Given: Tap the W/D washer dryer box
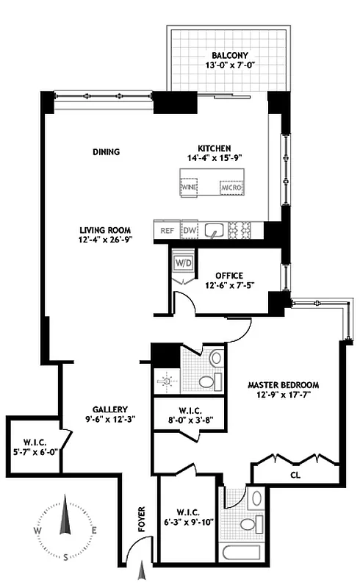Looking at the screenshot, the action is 184,263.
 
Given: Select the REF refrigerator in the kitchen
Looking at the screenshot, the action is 168,230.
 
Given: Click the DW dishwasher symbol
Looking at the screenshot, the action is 190,230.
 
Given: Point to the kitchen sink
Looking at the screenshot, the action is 214,230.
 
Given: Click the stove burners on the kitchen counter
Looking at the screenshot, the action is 240,229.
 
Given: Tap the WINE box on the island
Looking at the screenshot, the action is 190,187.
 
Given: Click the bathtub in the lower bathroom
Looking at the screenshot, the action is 242,553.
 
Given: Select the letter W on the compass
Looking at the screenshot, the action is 37,530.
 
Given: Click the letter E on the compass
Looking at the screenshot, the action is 94,530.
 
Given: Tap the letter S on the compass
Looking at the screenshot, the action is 65,557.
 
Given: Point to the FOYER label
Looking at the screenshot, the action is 142,520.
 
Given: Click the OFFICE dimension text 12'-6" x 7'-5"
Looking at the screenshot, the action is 229,285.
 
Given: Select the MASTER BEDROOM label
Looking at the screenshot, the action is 284,385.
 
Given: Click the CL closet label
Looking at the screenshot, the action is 295,475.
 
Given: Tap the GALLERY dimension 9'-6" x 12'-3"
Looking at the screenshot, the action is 110,419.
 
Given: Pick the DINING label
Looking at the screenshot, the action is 107,152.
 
